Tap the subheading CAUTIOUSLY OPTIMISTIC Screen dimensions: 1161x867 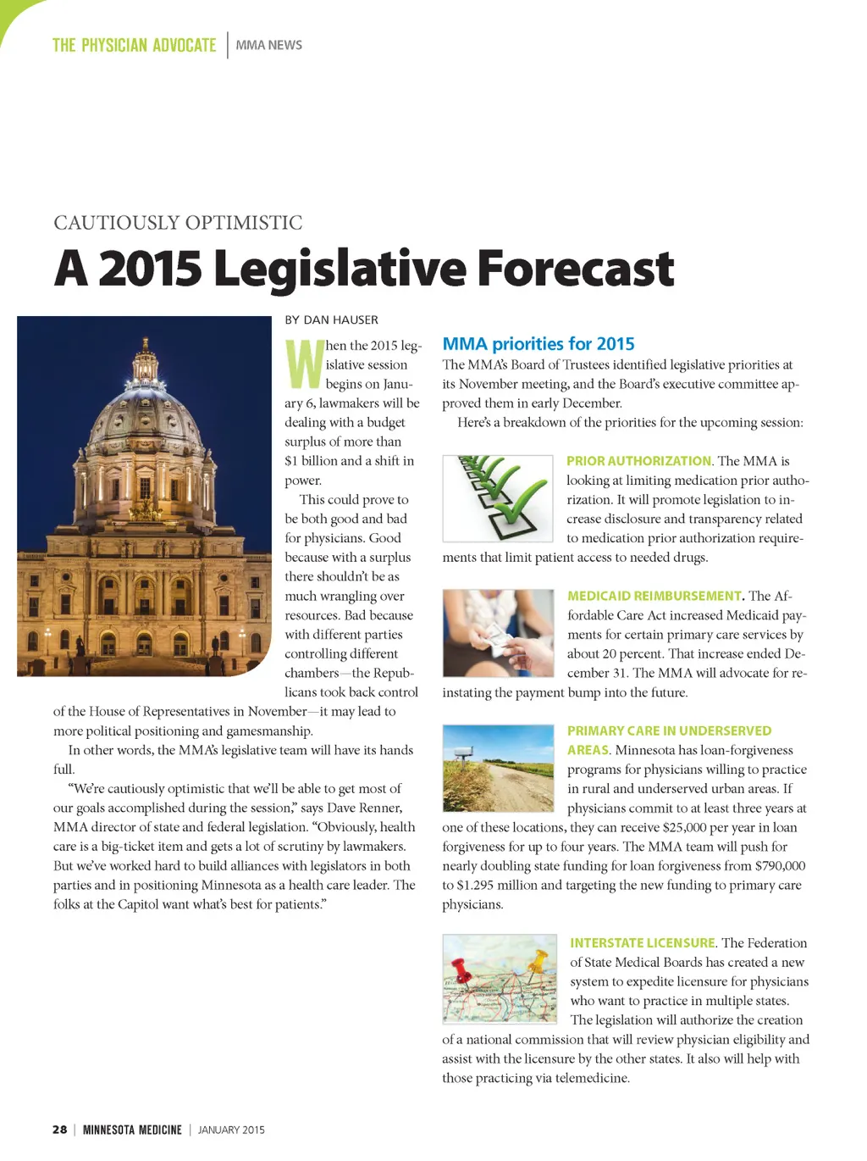(178, 223)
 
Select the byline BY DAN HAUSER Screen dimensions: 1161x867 (332, 319)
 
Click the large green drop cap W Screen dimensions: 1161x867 (304, 363)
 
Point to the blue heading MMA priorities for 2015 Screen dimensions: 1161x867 (538, 344)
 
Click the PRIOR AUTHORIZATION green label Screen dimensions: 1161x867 (639, 461)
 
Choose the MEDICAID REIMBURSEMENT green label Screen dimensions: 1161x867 (654, 596)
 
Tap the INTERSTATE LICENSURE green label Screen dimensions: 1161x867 (643, 943)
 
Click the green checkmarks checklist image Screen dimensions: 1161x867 (498, 498)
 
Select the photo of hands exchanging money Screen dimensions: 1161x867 (498, 634)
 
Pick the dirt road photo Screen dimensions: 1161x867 (498, 769)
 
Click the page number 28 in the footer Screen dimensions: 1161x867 (60, 1130)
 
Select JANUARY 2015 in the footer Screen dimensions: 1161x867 (231, 1130)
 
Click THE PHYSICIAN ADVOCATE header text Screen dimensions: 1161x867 (134, 45)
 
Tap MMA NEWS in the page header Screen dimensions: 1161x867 (268, 45)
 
